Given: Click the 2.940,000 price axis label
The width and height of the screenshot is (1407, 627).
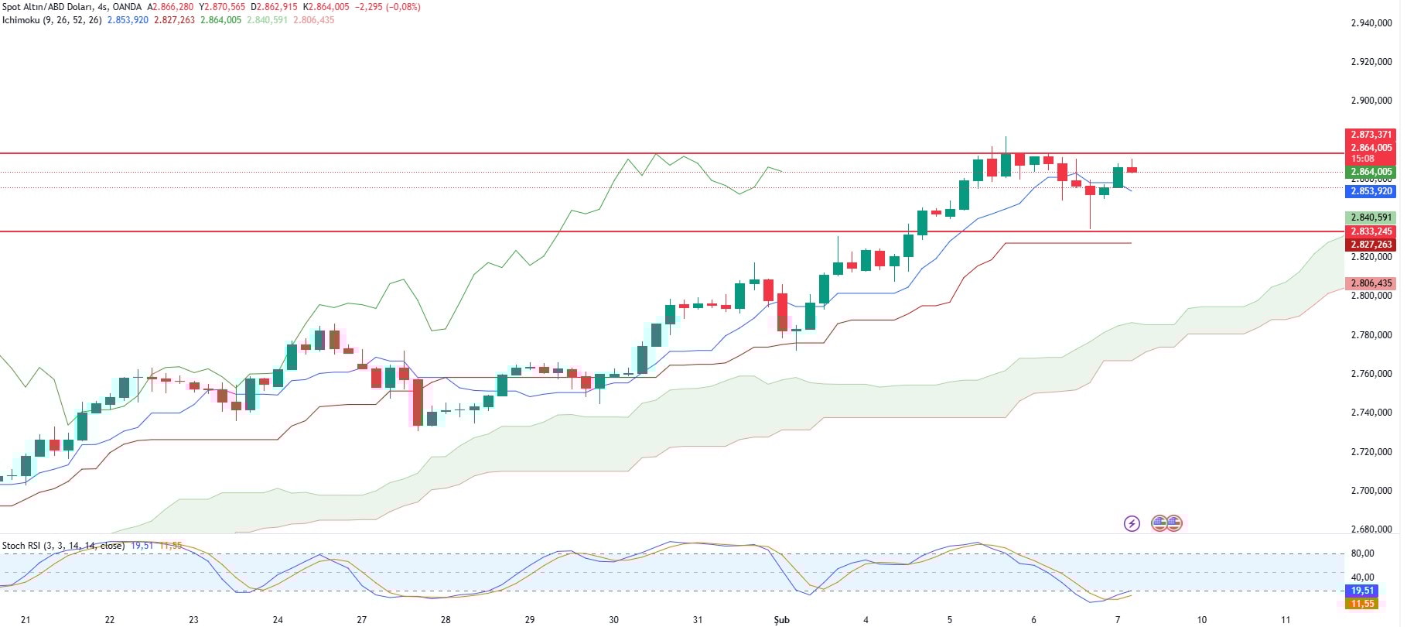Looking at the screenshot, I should (x=1371, y=23).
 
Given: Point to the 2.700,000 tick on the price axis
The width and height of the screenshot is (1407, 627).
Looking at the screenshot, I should (x=1371, y=491).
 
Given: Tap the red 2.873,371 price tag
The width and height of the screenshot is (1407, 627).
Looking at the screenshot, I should (x=1371, y=135).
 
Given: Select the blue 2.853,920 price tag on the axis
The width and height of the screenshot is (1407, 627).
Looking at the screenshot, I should (x=1371, y=191).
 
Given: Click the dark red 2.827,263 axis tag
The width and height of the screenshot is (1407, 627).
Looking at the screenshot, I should (x=1371, y=245).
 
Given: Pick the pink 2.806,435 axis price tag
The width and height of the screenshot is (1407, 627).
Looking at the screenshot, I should (x=1371, y=283).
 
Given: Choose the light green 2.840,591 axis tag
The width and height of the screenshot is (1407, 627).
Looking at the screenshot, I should (x=1371, y=218).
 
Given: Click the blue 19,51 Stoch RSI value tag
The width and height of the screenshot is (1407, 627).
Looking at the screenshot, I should (x=1362, y=591).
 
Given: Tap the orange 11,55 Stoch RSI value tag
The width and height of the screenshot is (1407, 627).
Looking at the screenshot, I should (x=1362, y=604).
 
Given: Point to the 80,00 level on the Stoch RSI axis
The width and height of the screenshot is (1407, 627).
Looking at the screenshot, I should (x=1362, y=553).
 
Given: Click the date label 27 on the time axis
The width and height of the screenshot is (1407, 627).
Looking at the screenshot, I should (x=362, y=619).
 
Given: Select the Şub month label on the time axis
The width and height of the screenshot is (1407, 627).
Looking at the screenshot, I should (x=781, y=619).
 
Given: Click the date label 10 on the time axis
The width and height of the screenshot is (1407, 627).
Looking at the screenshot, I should (x=1202, y=619).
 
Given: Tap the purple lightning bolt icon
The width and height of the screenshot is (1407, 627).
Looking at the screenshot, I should (x=1132, y=524).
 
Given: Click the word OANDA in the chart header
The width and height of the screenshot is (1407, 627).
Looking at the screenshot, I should (x=127, y=7).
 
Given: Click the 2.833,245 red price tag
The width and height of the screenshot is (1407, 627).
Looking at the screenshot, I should (x=1371, y=231).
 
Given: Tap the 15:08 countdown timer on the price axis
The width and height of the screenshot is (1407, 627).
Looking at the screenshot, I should (x=1363, y=159).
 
